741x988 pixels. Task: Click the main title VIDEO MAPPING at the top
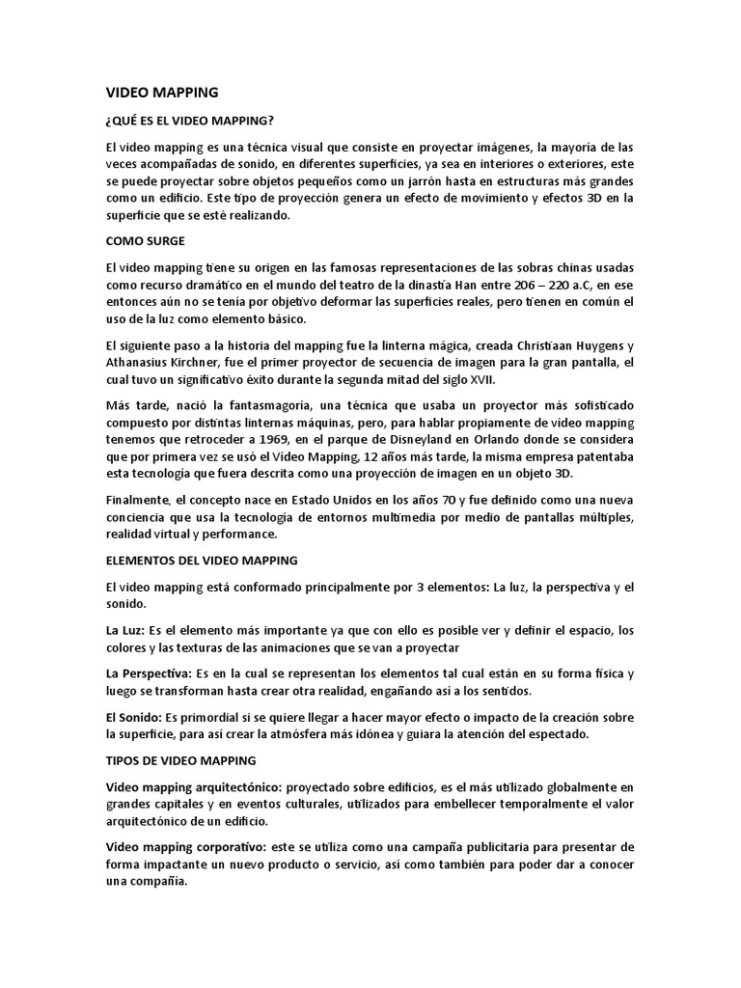pyautogui.click(x=161, y=93)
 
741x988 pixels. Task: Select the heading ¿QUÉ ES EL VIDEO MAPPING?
pyautogui.click(x=189, y=121)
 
